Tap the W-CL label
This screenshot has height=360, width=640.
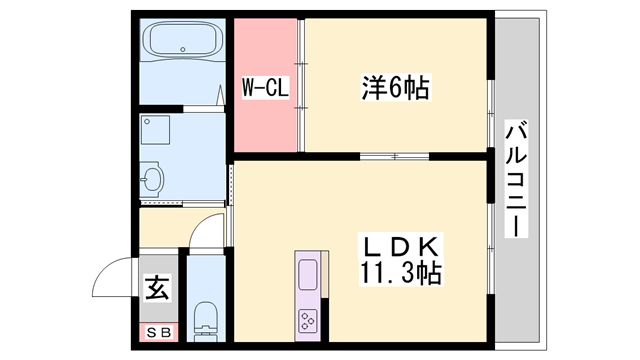click(266, 89)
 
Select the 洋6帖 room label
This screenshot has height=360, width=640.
click(395, 88)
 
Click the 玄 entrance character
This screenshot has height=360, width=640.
click(158, 290)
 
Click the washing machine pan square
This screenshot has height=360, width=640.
click(160, 131)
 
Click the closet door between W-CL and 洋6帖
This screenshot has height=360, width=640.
click(300, 90)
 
